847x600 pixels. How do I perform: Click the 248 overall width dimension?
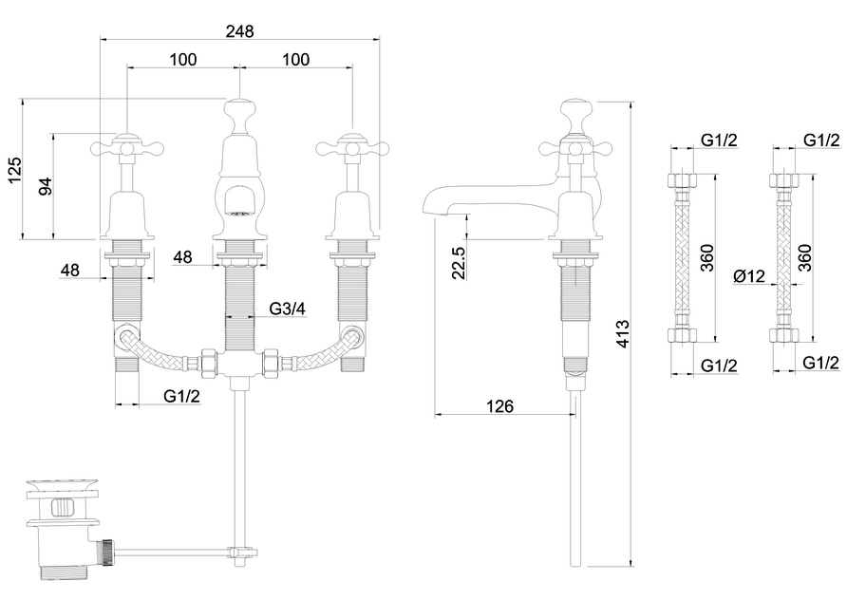point(239,30)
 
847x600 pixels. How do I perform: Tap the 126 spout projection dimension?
point(500,405)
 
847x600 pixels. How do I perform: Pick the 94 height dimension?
point(44,185)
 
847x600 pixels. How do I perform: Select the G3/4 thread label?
point(287,309)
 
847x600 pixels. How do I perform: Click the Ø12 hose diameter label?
point(749,276)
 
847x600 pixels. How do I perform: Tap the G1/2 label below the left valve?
point(181,396)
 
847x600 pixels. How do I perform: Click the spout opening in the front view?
point(239,199)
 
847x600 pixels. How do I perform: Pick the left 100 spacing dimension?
point(183,59)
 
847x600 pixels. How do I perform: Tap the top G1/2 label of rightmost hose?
point(821,140)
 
